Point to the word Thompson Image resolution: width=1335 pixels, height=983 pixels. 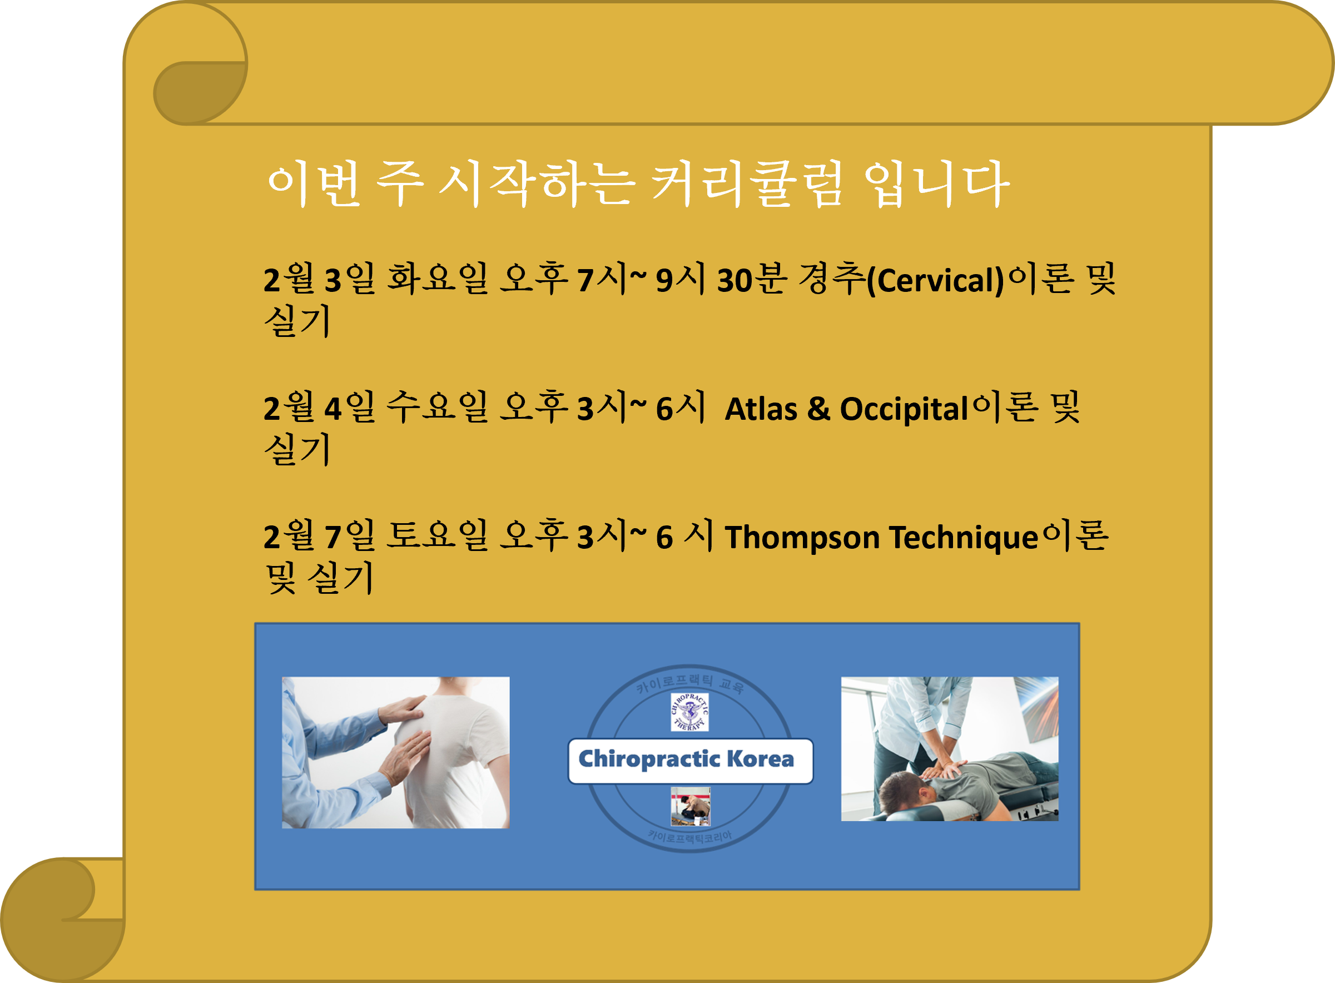point(802,537)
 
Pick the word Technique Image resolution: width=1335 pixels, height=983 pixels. point(964,537)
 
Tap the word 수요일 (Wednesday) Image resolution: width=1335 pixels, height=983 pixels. point(437,408)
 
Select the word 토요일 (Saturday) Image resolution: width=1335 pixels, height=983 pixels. point(437,535)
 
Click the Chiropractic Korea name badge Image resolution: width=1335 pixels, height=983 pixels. point(690,761)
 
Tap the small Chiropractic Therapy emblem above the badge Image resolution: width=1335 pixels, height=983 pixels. point(689,712)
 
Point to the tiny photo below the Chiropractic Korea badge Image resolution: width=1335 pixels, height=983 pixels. point(690,806)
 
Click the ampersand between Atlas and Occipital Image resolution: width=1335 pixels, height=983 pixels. point(818,409)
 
